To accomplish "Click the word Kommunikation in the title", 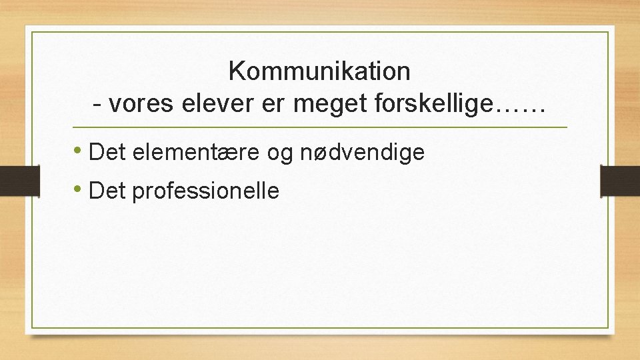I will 319,71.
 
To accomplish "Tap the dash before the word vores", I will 98,105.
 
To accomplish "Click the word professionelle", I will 206,191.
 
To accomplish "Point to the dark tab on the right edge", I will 620,181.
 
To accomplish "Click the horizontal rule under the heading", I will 319,127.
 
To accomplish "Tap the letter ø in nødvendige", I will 319,153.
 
